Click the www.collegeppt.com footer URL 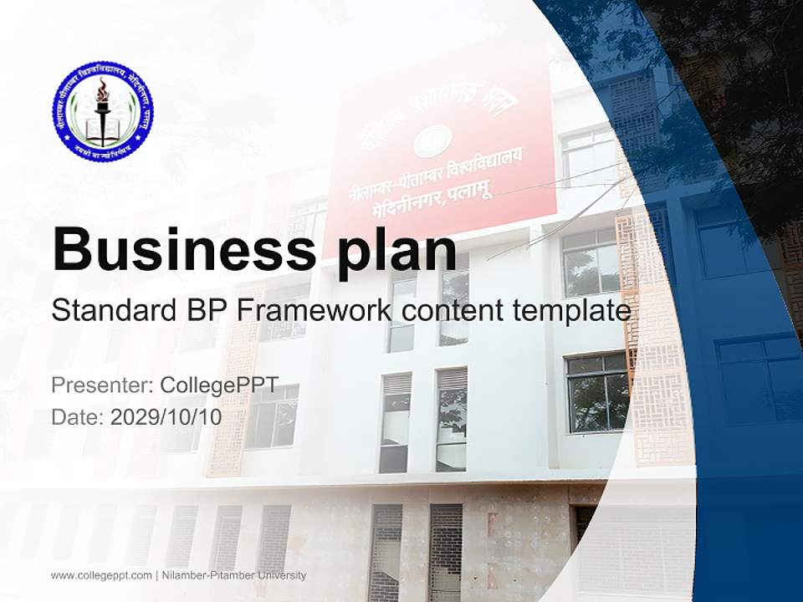point(101,575)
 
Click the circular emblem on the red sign point(432,141)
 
